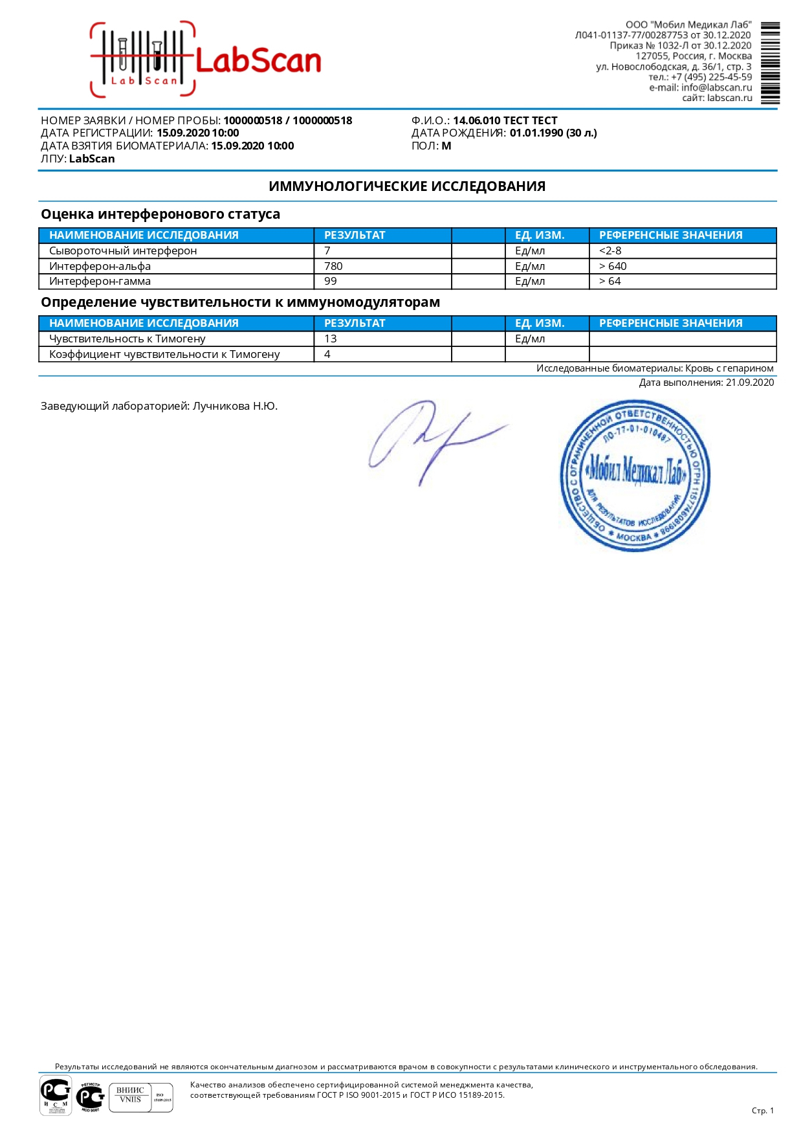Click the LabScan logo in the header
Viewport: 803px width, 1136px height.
point(206,60)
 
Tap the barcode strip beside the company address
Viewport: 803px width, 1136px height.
point(769,63)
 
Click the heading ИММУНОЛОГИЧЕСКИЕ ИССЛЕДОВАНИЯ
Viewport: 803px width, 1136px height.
point(407,186)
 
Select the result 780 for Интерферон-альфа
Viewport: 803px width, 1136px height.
point(333,266)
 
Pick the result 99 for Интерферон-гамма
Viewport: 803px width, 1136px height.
point(331,281)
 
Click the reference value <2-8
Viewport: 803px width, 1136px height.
point(610,251)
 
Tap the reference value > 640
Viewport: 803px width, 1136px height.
point(613,266)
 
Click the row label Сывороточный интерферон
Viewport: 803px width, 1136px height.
point(123,251)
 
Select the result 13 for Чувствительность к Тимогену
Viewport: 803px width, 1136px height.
point(331,339)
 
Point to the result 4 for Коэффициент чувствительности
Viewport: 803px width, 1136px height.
point(327,354)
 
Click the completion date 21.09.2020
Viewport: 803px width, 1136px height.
point(749,383)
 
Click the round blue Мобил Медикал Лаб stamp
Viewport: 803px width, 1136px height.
point(634,476)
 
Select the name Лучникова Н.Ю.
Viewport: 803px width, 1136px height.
point(235,407)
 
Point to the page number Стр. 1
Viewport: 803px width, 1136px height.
point(762,1111)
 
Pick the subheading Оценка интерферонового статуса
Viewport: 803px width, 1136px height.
point(160,214)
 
